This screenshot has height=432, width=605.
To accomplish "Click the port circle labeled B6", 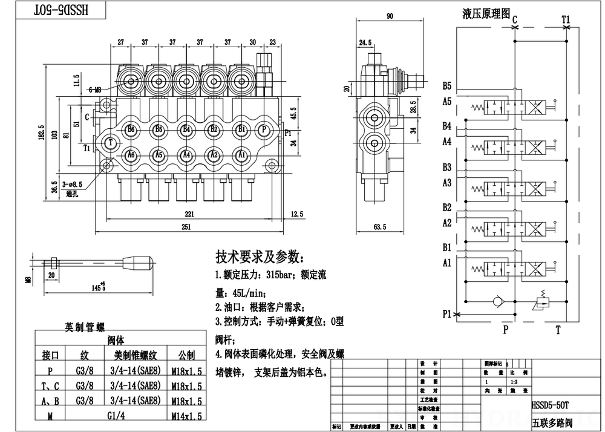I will [x=131, y=129].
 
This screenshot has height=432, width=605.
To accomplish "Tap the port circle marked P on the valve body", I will [x=263, y=129].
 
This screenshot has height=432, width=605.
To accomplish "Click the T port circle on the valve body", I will [x=111, y=142].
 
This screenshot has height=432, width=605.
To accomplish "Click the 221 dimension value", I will [x=189, y=214].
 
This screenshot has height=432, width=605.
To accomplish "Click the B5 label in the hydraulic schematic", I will [x=446, y=85].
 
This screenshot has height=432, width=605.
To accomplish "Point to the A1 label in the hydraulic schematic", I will [x=446, y=263].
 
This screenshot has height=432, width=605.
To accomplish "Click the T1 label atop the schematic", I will [x=566, y=19].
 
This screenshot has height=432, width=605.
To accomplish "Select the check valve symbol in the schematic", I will [x=499, y=300].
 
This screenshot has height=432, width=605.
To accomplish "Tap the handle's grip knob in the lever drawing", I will [x=139, y=264].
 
